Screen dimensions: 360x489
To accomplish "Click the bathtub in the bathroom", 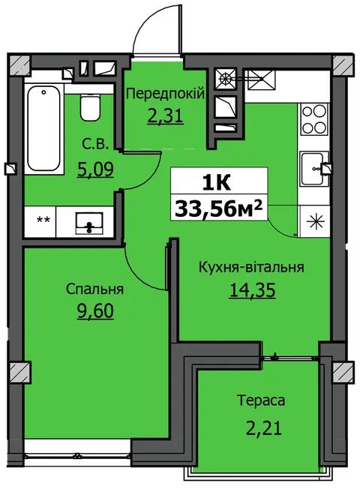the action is (44, 129).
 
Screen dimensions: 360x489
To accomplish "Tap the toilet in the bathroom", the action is (90, 107).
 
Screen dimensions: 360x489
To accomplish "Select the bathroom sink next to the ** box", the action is (89, 223).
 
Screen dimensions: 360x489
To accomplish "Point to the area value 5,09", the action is (95, 169).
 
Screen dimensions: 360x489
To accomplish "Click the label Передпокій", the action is (166, 94).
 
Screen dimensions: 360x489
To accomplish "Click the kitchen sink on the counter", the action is (314, 169).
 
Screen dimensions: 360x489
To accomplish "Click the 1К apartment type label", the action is (217, 183).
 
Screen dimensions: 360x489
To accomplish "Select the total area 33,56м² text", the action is (218, 208).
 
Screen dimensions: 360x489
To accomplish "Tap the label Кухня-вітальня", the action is (251, 267).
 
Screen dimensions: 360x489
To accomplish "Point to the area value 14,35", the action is (252, 290).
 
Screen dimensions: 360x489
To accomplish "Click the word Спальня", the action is (94, 289).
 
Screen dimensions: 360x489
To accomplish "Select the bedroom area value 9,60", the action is (95, 311).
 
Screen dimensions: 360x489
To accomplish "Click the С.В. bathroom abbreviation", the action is (95, 145).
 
